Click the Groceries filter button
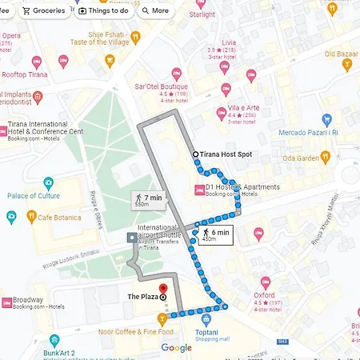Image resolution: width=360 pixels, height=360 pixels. (44, 11)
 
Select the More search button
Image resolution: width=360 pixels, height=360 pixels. (155, 11)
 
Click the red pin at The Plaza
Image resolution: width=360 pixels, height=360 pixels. (162, 290)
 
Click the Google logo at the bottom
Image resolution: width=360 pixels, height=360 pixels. (176, 347)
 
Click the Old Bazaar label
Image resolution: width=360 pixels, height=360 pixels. (342, 54)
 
